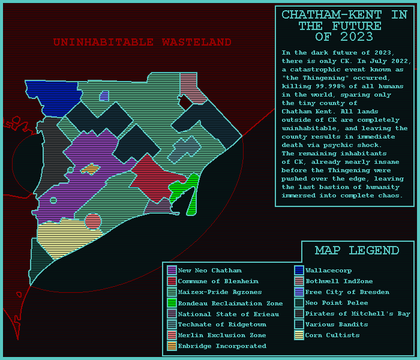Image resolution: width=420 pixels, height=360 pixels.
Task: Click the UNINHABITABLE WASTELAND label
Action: click(142, 43)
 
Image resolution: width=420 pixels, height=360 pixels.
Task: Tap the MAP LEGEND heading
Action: click(357, 250)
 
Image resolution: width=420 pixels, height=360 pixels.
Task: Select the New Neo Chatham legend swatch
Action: click(172, 271)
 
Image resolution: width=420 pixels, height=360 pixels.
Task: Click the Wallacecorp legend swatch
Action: click(299, 271)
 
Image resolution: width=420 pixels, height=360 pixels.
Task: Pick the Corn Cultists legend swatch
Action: click(299, 335)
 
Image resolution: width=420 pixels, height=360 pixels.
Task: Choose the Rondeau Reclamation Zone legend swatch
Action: click(172, 303)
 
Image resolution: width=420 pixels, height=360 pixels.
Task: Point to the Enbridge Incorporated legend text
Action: click(222, 346)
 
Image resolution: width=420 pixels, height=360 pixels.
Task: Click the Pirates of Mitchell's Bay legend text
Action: click(358, 314)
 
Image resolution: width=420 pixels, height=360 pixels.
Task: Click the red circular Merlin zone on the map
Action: click(93, 222)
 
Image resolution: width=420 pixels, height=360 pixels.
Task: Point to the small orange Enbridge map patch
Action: click(90, 169)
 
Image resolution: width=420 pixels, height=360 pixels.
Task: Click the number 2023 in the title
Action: click(356, 37)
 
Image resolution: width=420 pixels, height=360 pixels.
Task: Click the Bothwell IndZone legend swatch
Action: click(299, 281)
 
